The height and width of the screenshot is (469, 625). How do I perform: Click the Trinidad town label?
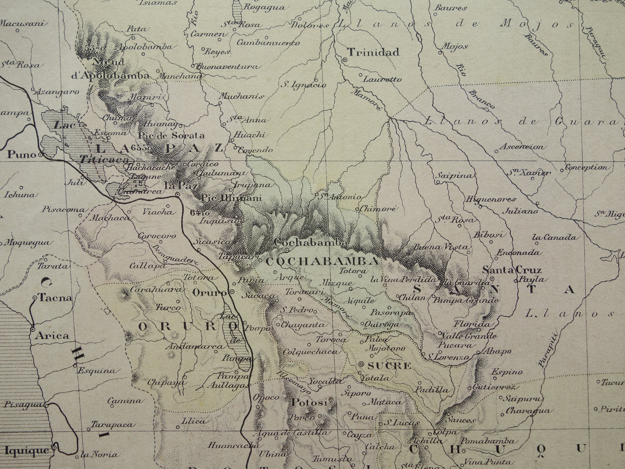click(373, 52)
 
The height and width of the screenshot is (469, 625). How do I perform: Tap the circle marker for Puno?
click(40, 154)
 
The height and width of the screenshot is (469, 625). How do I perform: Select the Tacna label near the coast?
click(54, 298)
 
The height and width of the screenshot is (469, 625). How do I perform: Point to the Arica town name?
click(52, 335)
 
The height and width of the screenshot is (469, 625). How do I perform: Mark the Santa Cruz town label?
click(511, 270)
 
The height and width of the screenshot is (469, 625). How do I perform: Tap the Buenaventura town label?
click(228, 67)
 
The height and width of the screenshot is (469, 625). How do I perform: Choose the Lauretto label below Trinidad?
click(382, 79)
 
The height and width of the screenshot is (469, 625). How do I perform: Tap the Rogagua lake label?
click(264, 7)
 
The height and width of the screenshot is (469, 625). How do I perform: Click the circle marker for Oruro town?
click(232, 292)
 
